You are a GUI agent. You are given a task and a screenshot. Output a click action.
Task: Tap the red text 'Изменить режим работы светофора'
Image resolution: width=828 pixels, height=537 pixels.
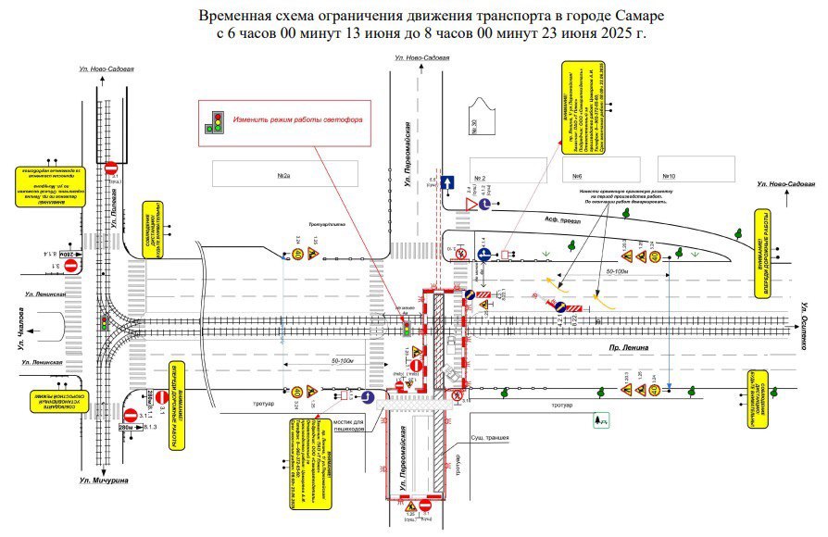pyautogui.click(x=296, y=120)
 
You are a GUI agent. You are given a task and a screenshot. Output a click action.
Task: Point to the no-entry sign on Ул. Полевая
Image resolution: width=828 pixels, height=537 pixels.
pyautogui.click(x=110, y=168)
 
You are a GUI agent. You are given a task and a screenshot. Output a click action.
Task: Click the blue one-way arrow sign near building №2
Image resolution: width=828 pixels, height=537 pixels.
pyautogui.click(x=447, y=182)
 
